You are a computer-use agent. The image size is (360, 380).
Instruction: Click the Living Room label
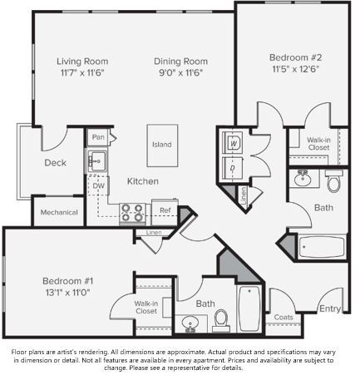[x=82, y=61]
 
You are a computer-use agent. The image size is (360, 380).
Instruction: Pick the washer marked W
[x=234, y=143]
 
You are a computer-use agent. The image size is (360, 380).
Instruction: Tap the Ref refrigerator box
[x=165, y=210]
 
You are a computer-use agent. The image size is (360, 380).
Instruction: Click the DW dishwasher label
[x=98, y=186]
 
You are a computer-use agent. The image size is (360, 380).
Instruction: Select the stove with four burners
[x=132, y=213]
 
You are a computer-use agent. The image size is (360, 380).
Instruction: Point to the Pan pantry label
[x=98, y=136]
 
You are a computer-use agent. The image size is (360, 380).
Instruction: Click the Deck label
[x=55, y=163]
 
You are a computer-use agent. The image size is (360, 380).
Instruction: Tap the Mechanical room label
[x=60, y=212]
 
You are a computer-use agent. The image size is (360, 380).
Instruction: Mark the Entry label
[x=329, y=308]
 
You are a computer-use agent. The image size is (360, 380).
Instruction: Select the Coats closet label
[x=284, y=317]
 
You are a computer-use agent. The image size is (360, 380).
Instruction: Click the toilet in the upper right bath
[x=333, y=182]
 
